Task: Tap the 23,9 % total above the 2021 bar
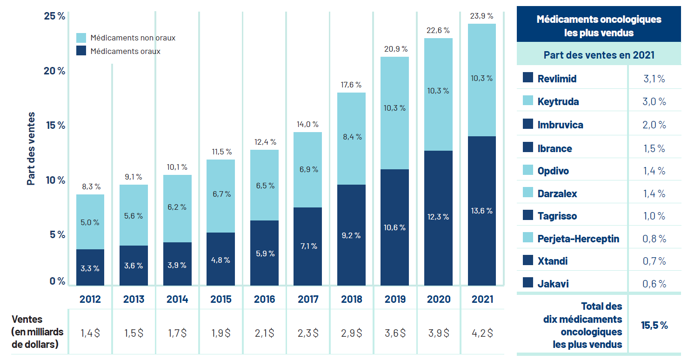[482, 16]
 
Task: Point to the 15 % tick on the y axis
[54, 126]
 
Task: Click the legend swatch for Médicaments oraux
[81, 51]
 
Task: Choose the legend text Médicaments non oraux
[133, 38]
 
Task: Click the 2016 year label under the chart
[264, 299]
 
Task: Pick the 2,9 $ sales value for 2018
[351, 333]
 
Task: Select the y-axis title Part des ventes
[31, 149]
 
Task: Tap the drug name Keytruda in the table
[558, 101]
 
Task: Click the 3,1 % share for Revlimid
[654, 79]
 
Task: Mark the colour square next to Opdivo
[528, 170]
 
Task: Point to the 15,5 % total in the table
[654, 325]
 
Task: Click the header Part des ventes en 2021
[599, 55]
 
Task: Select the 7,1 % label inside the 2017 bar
[307, 246]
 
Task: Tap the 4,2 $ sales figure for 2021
[482, 333]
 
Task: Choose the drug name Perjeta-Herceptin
[578, 239]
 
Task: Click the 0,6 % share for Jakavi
[654, 284]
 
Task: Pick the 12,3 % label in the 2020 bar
[438, 217]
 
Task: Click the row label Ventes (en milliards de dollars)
[37, 332]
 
